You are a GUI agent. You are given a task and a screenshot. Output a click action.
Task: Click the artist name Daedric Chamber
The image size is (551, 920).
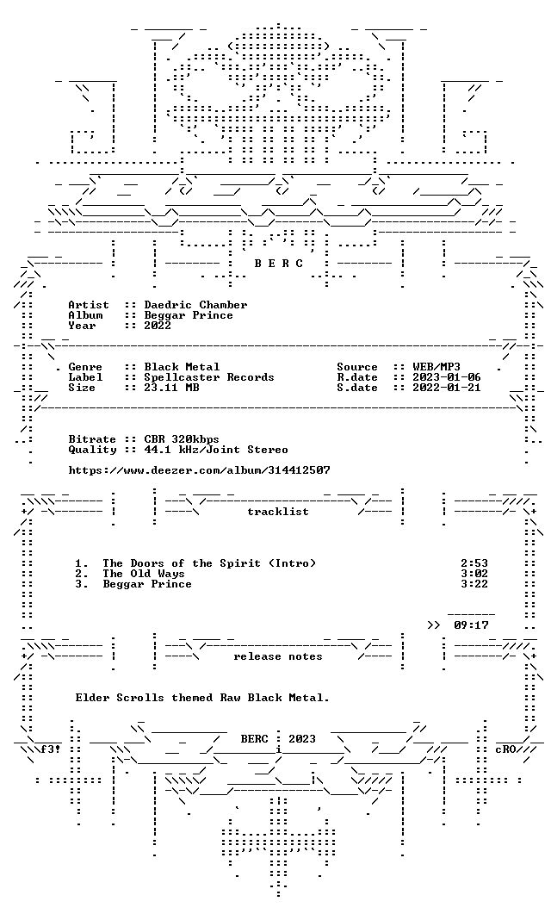[195, 305]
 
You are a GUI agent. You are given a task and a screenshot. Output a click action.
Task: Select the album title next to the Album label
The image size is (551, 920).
[189, 315]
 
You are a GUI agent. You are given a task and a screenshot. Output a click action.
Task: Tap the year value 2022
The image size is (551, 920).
[158, 326]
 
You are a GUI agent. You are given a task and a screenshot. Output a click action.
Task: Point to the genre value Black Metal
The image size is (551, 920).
[182, 367]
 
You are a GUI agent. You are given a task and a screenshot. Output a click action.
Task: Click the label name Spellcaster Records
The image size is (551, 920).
[209, 377]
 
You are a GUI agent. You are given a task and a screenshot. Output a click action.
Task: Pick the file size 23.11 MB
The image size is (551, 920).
[171, 388]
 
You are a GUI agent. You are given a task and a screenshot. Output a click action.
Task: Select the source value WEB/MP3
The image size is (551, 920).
[436, 367]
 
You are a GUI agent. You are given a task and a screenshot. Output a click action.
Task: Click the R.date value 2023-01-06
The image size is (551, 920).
[447, 377]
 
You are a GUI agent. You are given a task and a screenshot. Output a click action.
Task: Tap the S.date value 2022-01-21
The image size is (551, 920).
[447, 388]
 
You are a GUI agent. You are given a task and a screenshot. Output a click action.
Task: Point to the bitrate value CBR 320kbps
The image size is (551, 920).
[182, 439]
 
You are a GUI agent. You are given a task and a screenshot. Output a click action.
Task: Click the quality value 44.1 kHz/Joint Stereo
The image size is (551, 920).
[216, 450]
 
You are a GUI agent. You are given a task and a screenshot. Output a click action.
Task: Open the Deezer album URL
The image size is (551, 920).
[199, 470]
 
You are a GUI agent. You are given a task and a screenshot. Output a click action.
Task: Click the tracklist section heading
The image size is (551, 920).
[278, 512]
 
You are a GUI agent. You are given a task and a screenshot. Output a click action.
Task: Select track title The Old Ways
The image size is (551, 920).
[144, 574]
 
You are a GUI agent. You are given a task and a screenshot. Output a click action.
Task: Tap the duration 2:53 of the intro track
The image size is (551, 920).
[474, 563]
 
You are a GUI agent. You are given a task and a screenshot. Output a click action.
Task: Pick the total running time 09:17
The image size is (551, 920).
[471, 625]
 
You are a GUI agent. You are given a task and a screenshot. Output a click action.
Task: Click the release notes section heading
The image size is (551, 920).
[278, 656]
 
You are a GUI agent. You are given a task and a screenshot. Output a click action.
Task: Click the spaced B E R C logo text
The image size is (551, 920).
[278, 264]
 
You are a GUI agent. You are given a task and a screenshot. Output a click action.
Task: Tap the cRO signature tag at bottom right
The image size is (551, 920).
[505, 749]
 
